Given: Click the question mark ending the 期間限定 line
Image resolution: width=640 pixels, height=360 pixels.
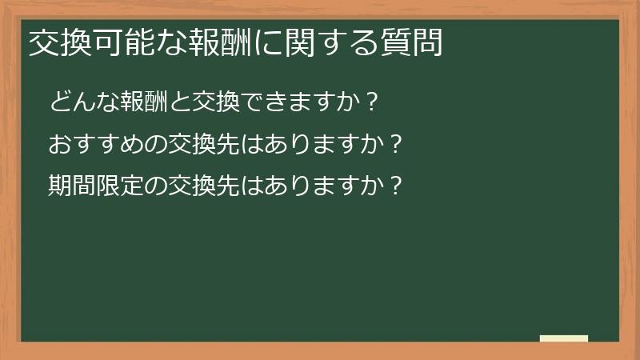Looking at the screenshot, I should pos(392,186).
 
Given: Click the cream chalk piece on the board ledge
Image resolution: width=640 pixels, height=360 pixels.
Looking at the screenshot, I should pos(564,338).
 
